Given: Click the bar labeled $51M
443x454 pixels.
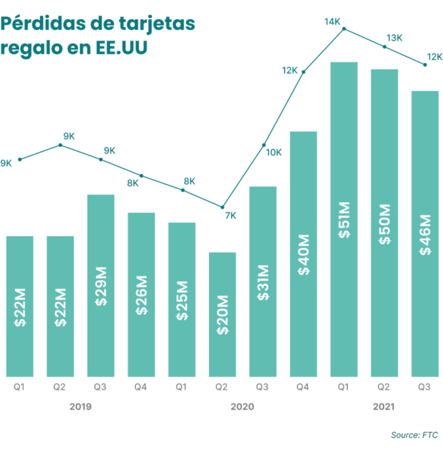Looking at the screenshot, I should click(344, 219).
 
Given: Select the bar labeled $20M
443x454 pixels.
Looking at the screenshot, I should click(222, 315).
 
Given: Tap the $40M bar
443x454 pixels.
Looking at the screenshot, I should click(303, 254).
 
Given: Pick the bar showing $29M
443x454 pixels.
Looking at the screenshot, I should click(101, 286).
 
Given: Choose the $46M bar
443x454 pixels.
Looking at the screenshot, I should click(425, 234).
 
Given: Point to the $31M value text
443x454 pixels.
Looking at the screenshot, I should click(263, 282).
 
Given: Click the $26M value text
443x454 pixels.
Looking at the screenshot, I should click(141, 297).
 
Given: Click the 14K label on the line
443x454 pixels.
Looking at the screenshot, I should click(332, 22).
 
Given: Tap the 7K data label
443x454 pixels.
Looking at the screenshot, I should click(230, 216).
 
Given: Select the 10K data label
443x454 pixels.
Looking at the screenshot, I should click(273, 152).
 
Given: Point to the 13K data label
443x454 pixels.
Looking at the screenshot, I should click(395, 38).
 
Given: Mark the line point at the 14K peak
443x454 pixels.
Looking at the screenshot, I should click(344, 28).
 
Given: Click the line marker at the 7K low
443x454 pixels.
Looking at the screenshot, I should click(223, 207).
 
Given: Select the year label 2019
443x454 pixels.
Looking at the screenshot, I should click(80, 407).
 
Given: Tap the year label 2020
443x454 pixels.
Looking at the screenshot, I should click(242, 407).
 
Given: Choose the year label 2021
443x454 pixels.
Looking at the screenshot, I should click(384, 407).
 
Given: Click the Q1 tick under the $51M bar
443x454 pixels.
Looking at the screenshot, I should click(344, 388).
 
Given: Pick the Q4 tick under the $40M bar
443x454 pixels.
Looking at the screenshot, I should click(303, 388).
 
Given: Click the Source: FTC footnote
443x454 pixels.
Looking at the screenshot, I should click(415, 434).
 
